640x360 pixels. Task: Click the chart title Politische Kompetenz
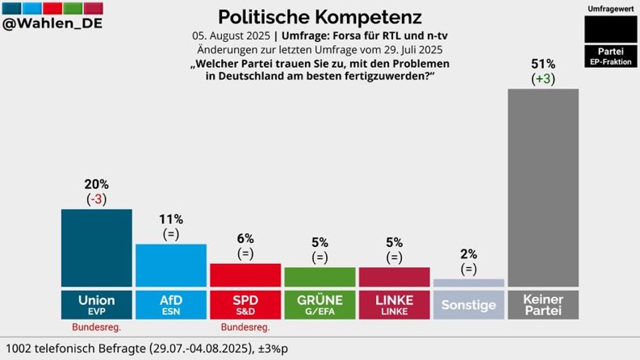(320, 16)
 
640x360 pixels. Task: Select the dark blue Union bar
(97, 248)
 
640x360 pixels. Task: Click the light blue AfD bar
(171, 265)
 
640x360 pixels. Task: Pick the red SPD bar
(245, 275)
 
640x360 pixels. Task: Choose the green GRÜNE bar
(320, 277)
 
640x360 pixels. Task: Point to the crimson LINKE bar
(394, 277)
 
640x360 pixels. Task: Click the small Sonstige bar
(468, 283)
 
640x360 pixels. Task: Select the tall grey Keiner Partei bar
(543, 187)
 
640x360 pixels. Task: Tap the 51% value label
(543, 65)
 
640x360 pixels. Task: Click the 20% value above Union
(97, 185)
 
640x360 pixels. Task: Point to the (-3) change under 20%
(97, 199)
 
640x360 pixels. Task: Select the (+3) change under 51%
(543, 79)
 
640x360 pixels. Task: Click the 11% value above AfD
(171, 220)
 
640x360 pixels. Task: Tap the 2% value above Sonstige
(468, 255)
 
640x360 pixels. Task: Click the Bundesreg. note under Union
(97, 327)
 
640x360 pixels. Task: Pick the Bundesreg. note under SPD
(245, 327)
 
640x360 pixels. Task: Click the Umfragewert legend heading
(610, 7)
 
